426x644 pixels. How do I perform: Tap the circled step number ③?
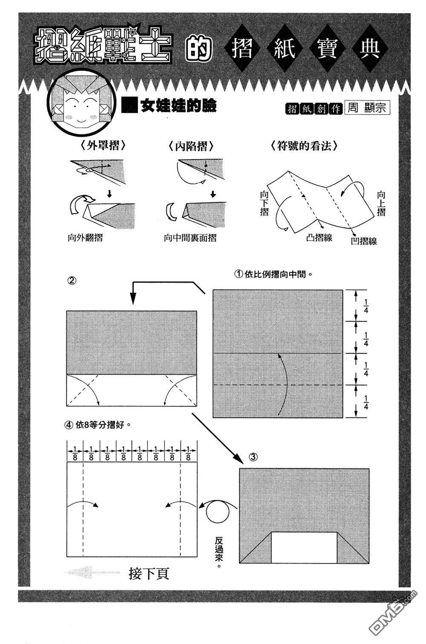(x=252, y=458)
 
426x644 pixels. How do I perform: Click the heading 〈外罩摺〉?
(x=102, y=146)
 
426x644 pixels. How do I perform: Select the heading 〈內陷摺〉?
(x=190, y=146)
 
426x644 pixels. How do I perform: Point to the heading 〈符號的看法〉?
(x=304, y=146)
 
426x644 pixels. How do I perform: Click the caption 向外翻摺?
(x=85, y=238)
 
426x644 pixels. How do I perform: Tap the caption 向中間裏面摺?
(x=190, y=238)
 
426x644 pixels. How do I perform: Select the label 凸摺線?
(x=319, y=238)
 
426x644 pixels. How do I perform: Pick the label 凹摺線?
(x=364, y=241)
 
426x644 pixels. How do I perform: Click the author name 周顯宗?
(x=367, y=108)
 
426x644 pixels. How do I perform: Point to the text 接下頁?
(x=149, y=574)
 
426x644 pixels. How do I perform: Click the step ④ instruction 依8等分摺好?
(x=97, y=424)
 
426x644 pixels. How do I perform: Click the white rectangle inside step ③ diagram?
(x=304, y=547)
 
